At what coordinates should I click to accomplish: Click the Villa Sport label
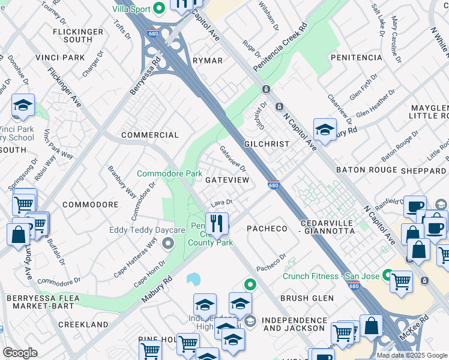[131, 9]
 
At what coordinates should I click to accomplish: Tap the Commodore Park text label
[169, 173]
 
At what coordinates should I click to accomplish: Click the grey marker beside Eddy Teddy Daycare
[168, 244]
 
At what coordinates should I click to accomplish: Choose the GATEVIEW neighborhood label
[227, 180]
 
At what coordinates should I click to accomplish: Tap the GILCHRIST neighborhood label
[267, 145]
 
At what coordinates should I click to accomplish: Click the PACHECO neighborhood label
[268, 229]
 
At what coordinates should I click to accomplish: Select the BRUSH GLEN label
[306, 298]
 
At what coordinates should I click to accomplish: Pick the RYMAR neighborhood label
[208, 61]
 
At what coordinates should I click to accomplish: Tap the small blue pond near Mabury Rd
[193, 280]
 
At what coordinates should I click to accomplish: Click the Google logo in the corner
[20, 353]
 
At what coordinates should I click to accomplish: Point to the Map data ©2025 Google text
[411, 355]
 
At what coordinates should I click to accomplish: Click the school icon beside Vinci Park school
[23, 106]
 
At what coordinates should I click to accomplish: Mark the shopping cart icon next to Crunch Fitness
[401, 280]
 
